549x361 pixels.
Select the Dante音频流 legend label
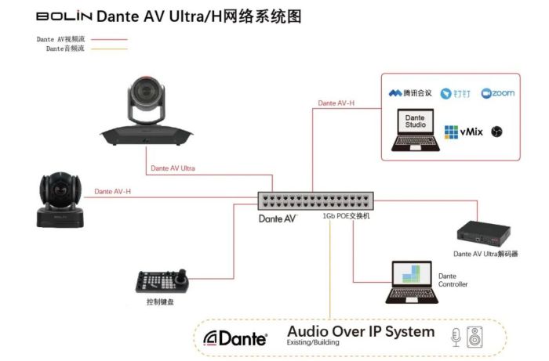(65, 49)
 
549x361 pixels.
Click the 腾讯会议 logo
(411, 93)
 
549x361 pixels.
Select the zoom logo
(498, 93)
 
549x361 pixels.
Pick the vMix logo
(463, 132)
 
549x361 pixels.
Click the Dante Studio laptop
(414, 130)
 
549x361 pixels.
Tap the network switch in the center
(316, 201)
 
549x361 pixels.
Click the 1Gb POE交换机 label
(346, 216)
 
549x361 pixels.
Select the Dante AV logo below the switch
(278, 218)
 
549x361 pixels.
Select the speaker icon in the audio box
(475, 337)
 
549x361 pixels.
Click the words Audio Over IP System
(360, 332)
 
